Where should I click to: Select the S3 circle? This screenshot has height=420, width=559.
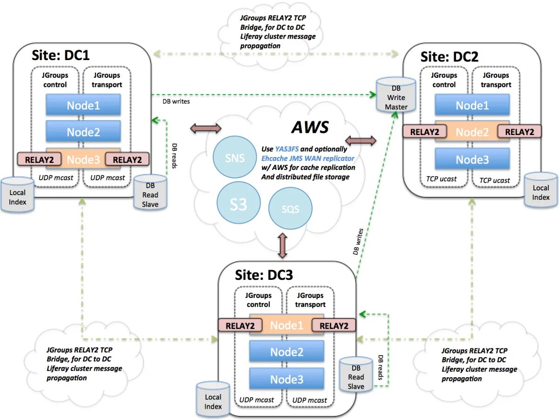(238, 204)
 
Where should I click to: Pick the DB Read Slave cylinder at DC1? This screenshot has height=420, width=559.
(150, 193)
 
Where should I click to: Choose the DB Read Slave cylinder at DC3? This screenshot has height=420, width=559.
(356, 375)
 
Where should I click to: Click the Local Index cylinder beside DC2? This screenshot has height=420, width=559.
(540, 192)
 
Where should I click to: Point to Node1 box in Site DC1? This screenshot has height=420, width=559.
(83, 106)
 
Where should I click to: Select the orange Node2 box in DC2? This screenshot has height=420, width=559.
(472, 132)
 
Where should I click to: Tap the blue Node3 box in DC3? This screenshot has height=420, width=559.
(286, 379)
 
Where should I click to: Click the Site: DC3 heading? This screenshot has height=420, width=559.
(264, 275)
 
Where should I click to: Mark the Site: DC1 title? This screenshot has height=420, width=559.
(61, 55)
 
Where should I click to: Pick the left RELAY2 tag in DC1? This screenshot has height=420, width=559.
(39, 160)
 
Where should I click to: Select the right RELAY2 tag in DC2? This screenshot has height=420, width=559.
(519, 132)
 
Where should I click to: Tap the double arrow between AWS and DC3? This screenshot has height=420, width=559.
(282, 246)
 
